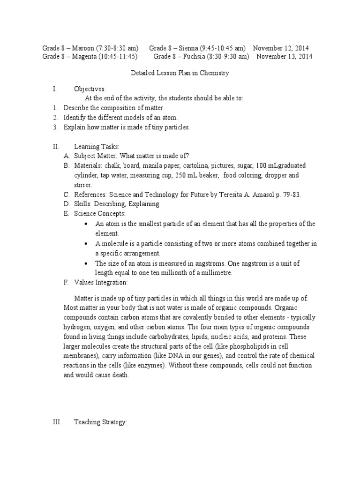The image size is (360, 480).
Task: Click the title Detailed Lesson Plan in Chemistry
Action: pyautogui.click(x=179, y=73)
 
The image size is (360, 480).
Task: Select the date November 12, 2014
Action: pyautogui.click(x=281, y=48)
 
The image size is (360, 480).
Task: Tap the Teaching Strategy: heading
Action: pyautogui.click(x=100, y=422)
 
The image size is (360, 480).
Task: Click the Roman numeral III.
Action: pyautogui.click(x=57, y=422)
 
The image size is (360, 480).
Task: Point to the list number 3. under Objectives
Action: pyautogui.click(x=55, y=127)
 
